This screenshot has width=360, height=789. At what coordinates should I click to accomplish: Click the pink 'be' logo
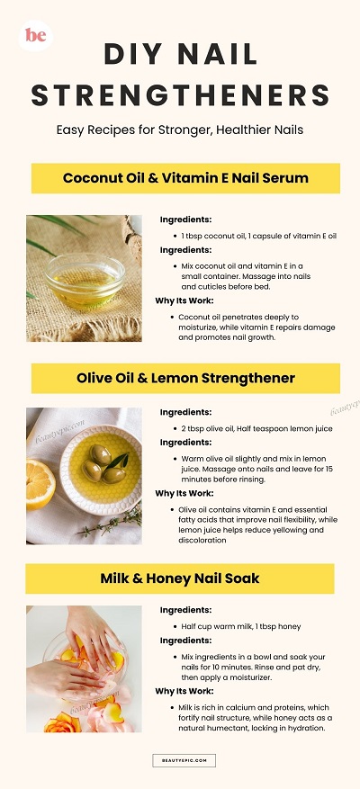click(x=36, y=35)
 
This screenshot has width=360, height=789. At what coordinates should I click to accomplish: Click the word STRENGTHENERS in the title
click(x=180, y=95)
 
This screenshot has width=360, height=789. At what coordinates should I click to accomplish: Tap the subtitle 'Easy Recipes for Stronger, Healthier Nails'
click(x=180, y=130)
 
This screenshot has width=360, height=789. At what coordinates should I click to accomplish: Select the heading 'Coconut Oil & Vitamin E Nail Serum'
click(x=185, y=178)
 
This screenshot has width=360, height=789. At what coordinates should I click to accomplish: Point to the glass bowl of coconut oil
click(x=84, y=280)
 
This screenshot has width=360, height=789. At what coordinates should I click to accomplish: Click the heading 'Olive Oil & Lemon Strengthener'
click(x=185, y=379)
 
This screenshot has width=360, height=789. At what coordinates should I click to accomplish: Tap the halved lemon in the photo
click(x=40, y=485)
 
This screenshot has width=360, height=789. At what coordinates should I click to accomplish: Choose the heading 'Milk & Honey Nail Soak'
click(x=180, y=578)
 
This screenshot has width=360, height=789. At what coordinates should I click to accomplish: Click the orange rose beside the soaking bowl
click(x=62, y=723)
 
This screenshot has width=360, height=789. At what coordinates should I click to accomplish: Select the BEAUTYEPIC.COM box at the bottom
click(x=184, y=760)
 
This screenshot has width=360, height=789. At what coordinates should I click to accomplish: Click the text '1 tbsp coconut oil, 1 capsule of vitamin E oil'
click(x=259, y=236)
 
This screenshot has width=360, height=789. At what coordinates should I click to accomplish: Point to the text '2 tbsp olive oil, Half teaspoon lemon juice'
click(x=256, y=429)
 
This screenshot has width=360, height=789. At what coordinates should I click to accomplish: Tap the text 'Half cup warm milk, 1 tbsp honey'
click(x=240, y=626)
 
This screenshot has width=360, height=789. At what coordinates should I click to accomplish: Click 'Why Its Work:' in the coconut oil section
click(x=184, y=300)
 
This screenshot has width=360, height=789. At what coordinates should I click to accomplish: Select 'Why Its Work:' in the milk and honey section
click(x=184, y=691)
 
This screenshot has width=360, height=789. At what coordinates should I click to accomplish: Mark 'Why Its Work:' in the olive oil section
click(x=184, y=493)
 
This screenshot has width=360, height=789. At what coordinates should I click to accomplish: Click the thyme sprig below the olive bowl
click(x=112, y=524)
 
